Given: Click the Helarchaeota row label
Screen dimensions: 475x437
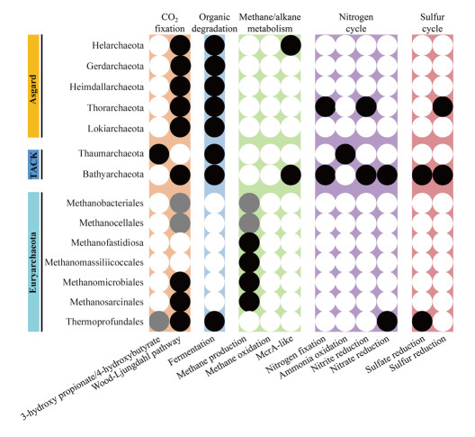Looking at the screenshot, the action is click(118, 46).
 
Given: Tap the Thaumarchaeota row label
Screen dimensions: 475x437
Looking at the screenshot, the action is click(112, 153).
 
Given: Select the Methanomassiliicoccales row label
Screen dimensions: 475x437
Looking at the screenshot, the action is click(94, 262).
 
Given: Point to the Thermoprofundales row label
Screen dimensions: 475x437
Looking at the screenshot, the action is click(105, 322).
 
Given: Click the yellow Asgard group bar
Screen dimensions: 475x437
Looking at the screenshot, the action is click(33, 86).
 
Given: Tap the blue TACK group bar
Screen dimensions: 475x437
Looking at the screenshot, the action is click(33, 165).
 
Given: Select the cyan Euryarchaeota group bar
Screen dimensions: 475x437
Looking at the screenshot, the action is click(33, 261).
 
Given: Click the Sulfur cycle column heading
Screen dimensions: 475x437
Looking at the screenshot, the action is click(433, 23).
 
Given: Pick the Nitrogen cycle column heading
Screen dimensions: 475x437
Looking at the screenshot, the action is click(356, 23).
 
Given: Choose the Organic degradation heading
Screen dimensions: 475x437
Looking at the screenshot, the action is click(214, 23).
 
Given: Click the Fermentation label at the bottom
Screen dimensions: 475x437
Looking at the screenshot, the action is click(192, 351).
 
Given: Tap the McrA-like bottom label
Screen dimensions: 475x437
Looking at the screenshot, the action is click(274, 348).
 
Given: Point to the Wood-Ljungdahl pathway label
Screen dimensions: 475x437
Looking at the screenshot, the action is click(136, 363).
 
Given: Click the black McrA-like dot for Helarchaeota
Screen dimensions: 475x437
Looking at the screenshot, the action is click(291, 46).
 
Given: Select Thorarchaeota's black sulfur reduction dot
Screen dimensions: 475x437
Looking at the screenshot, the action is click(443, 107).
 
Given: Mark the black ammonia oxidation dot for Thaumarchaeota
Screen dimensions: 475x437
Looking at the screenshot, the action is click(345, 154).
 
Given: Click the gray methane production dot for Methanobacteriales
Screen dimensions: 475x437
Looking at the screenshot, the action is click(249, 203).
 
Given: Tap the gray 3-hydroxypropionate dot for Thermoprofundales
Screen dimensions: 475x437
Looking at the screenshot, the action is click(159, 322).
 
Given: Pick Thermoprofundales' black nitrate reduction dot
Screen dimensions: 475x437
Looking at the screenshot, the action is click(387, 322).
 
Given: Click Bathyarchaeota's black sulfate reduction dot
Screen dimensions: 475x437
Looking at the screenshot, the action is click(422, 175).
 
